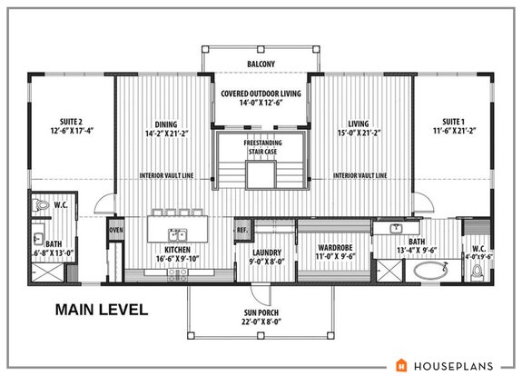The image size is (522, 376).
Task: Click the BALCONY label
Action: [261, 64]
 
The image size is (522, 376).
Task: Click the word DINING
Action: [166, 126]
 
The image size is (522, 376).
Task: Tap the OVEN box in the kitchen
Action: [116, 230]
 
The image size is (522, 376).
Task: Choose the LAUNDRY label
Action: [267, 253]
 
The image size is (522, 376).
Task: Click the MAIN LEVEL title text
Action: [101, 310]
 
